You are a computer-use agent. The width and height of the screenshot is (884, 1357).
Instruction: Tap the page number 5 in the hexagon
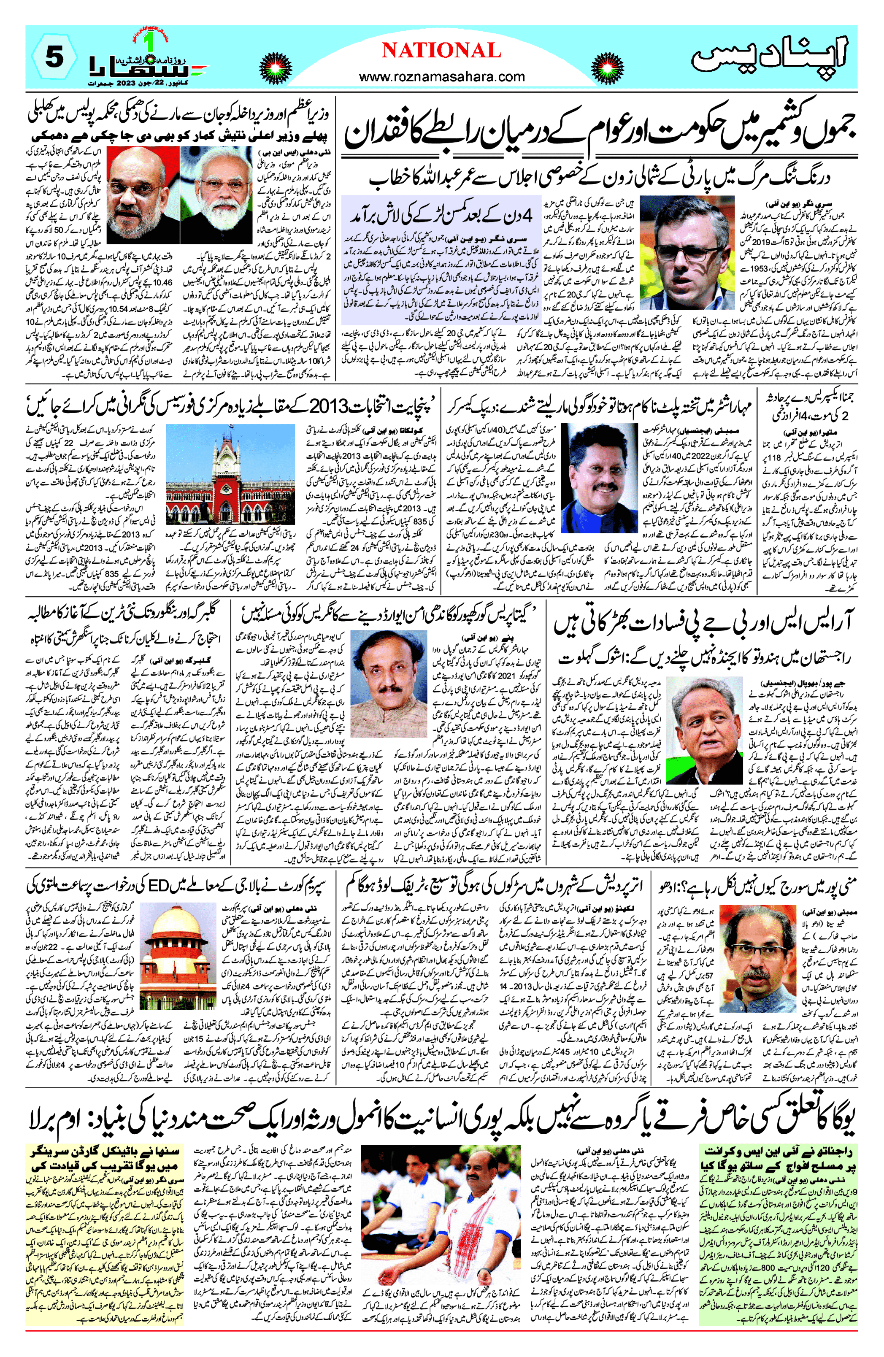tap(53, 57)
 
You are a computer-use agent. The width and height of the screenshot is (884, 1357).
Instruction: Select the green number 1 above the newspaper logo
tap(149, 43)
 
